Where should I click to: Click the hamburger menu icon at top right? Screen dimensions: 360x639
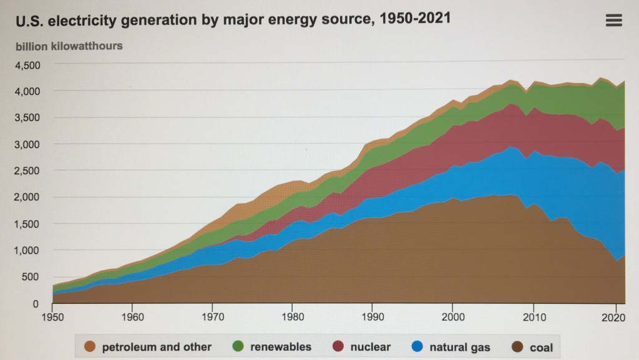click(x=614, y=21)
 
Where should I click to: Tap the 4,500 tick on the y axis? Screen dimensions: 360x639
click(x=27, y=65)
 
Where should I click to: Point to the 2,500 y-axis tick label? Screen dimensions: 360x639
click(x=27, y=171)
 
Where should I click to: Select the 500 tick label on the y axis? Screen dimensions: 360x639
click(x=31, y=277)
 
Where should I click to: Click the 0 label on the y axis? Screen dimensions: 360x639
click(x=36, y=304)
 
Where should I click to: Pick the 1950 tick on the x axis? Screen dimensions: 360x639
click(x=52, y=316)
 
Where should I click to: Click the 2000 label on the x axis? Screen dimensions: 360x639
click(x=452, y=316)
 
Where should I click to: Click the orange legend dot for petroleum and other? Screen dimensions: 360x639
click(x=90, y=347)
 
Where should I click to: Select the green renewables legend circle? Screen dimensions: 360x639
click(x=238, y=347)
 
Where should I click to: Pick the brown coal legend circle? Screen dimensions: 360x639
click(x=516, y=347)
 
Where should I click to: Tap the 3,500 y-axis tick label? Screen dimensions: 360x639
click(x=27, y=118)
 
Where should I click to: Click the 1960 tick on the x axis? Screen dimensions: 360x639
click(x=132, y=316)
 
